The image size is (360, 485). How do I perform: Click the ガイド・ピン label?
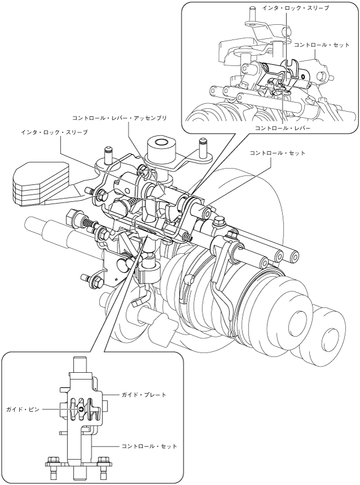coord(24,409)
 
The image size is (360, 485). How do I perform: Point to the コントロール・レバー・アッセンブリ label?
coord(119,118)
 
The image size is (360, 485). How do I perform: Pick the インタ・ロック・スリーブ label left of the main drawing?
coord(55,133)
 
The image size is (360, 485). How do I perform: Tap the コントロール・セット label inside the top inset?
coord(322,45)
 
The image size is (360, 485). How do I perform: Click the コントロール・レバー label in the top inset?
coord(282,127)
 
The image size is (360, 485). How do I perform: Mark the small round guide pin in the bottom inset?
coord(81,409)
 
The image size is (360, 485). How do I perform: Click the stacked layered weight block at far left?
coord(39,184)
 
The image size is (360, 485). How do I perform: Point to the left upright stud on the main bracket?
coord(109,155)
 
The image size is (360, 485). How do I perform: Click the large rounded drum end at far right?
coord(328,329)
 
